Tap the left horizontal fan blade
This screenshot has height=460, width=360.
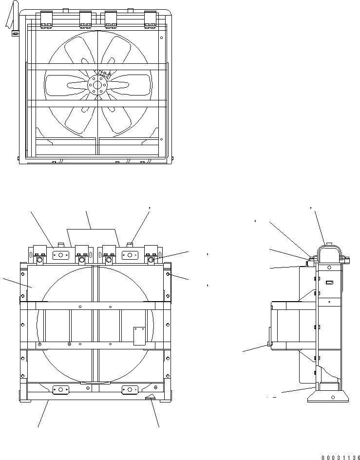68,85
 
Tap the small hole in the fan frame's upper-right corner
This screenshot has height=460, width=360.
162,35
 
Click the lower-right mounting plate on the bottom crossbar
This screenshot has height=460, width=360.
131,389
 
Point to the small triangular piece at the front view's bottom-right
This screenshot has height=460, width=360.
151,398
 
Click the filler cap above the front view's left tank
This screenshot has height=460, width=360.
60,244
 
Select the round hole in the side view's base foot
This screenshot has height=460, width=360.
333,397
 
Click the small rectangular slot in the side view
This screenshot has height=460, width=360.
329,283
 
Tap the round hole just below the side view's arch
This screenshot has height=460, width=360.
329,268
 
